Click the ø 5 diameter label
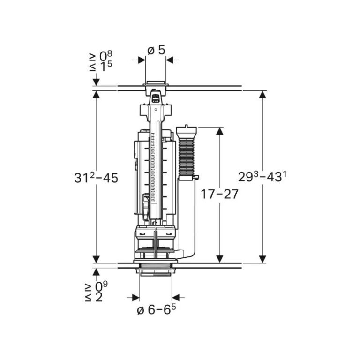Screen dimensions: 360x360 [156, 50]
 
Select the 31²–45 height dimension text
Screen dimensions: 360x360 [96, 178]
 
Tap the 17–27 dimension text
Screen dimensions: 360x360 [219, 194]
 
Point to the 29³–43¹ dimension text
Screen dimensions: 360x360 [262, 178]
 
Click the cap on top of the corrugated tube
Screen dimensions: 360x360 [186, 130]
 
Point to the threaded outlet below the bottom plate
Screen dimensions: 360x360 [156, 272]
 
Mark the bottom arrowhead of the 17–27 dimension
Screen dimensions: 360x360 [219, 259]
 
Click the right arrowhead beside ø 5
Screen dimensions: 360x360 [170, 60]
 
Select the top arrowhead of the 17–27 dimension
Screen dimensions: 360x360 [219, 130]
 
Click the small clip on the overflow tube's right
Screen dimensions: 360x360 [195, 177]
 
